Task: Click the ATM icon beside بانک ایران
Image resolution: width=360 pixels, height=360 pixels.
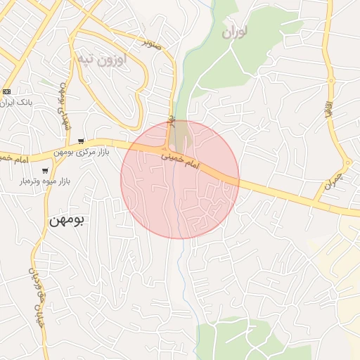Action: click(6, 91)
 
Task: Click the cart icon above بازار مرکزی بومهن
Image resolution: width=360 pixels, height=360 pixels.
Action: click(82, 141)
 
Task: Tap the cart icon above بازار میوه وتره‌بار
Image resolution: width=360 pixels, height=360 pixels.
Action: click(46, 171)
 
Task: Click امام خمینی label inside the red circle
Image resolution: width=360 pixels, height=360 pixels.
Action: click(182, 163)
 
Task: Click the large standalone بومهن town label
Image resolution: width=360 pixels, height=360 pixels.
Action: click(67, 220)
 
